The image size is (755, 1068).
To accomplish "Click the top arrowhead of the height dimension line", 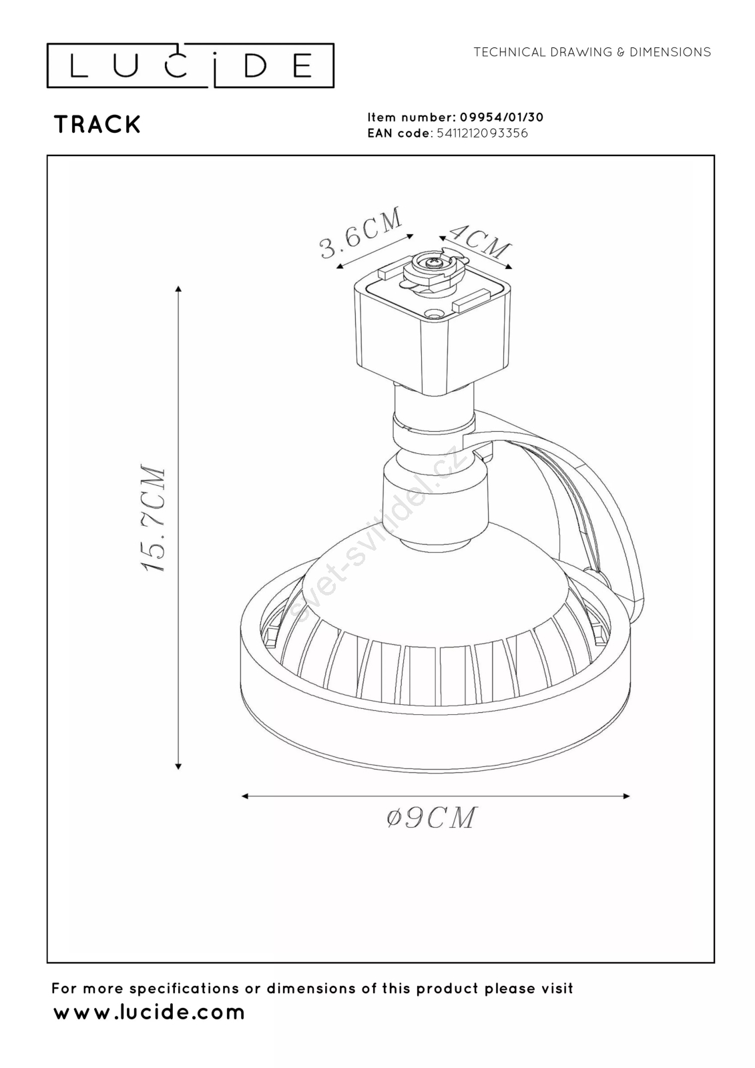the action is pos(178,289).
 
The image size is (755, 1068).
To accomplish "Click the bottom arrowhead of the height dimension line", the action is pos(178,766).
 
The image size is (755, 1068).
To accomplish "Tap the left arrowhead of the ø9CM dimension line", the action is pos(245,796).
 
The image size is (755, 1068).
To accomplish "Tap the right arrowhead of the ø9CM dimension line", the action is pos(625,796).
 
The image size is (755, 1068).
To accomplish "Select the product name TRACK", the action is pos(97,125).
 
